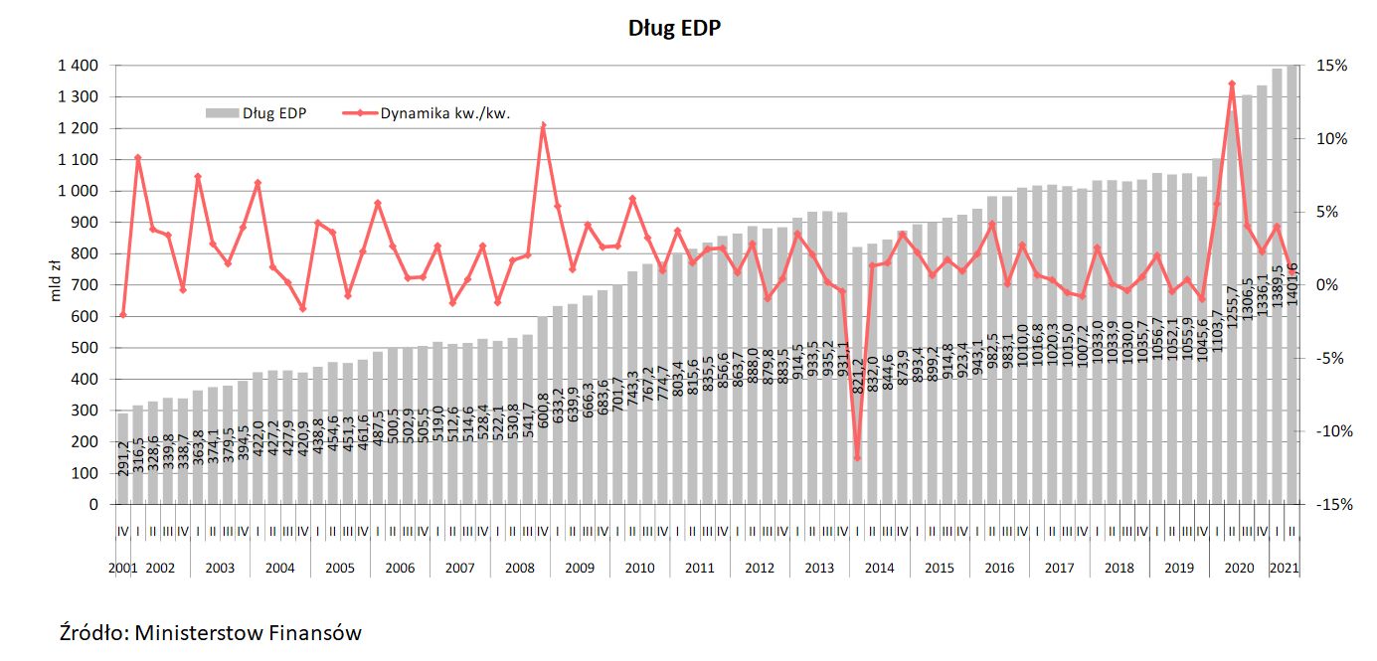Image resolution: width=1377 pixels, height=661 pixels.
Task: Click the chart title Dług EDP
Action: [673, 28]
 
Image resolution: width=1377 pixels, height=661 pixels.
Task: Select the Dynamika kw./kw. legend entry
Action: [444, 112]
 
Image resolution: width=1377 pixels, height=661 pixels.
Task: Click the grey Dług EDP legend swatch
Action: [221, 112]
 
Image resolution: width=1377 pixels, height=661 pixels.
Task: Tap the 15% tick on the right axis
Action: [1333, 66]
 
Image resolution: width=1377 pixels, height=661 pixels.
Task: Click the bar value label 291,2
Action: [123, 458]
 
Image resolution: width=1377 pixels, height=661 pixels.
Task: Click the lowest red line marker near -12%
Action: [857, 458]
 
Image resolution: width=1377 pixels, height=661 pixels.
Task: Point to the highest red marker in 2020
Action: [1232, 84]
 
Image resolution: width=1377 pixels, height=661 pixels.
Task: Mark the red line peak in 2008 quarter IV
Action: [543, 125]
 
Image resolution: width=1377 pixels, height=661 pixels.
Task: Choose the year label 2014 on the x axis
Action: [879, 569]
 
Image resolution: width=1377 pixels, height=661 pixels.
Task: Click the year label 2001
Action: [122, 569]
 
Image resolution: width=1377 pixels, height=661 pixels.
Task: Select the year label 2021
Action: [1285, 569]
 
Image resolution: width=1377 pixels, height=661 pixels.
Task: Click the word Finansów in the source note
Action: [318, 632]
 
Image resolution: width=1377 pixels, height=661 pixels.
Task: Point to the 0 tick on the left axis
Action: [94, 505]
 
